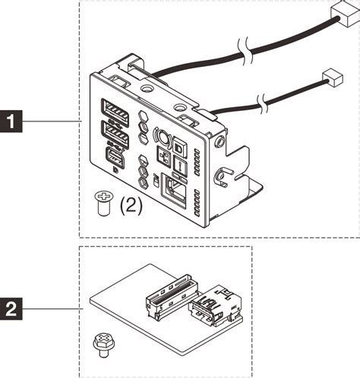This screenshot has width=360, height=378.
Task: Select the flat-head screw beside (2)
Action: click(99, 202)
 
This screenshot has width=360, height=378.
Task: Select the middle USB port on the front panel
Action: click(115, 137)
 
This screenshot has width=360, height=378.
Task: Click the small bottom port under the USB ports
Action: click(114, 159)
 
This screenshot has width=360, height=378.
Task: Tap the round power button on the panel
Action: click(161, 137)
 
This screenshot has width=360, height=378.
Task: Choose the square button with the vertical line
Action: click(181, 166)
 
